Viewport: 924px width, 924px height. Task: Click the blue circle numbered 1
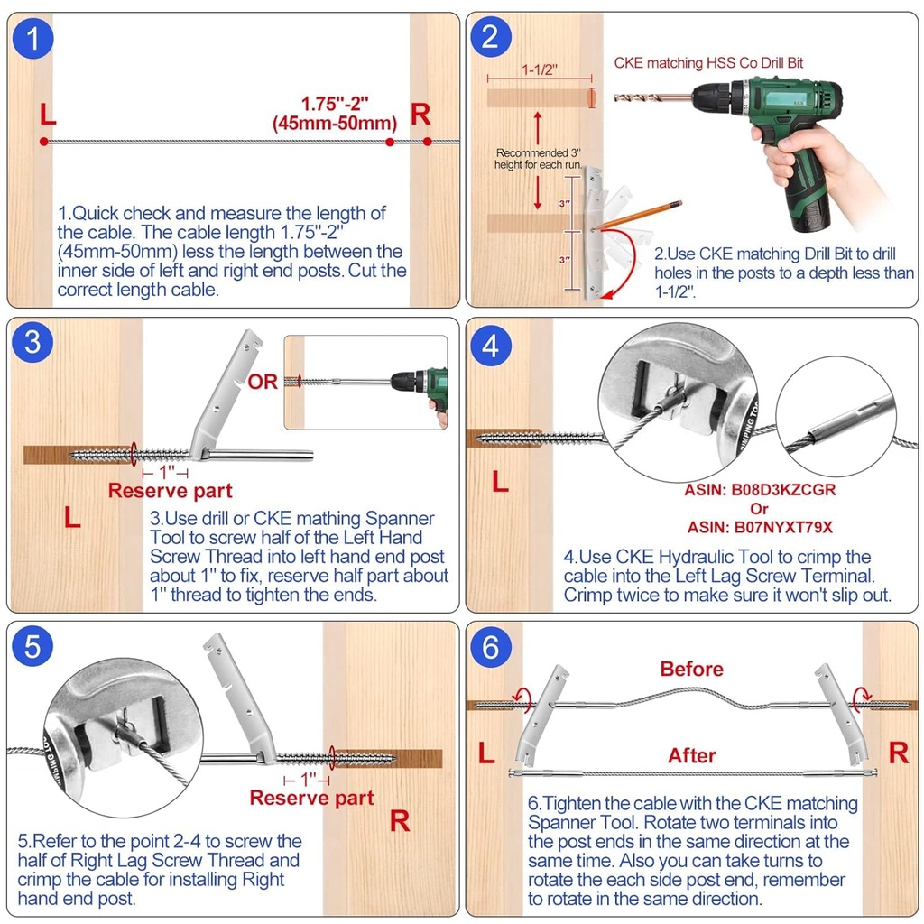click(32, 38)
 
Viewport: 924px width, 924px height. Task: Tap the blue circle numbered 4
click(490, 346)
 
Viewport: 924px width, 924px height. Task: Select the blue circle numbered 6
click(490, 647)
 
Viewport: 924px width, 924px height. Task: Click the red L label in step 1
click(48, 114)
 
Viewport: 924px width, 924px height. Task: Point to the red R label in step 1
click(420, 115)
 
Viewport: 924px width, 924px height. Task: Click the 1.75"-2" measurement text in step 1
click(335, 104)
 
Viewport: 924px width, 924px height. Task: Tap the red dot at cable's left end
click(43, 142)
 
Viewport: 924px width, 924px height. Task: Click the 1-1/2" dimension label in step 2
click(540, 69)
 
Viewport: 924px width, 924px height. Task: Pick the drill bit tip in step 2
click(615, 98)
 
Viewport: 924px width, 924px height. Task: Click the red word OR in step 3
click(263, 382)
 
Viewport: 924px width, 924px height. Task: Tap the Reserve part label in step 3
click(171, 491)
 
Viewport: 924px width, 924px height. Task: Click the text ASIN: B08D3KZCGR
click(760, 490)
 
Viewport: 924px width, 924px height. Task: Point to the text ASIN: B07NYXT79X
click(760, 527)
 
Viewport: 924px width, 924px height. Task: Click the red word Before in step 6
click(692, 669)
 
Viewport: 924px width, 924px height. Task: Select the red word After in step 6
click(692, 755)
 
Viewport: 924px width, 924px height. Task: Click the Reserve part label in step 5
click(311, 798)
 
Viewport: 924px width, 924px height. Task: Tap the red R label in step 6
click(899, 753)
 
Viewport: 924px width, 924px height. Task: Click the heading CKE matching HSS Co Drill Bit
click(708, 63)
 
